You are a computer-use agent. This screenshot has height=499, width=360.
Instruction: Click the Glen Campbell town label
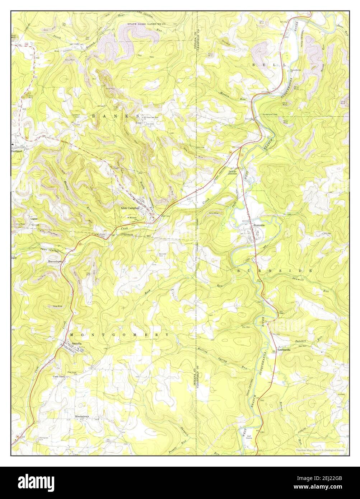(x=130, y=208)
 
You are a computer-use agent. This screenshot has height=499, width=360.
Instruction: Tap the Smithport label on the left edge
(x=18, y=151)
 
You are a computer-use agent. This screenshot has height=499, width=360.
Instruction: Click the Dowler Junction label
(x=233, y=173)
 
